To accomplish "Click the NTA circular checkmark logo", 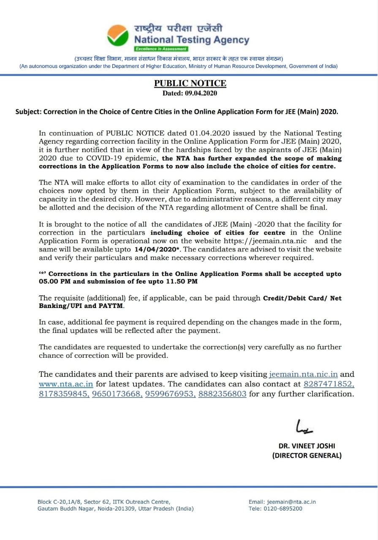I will pos(117,35).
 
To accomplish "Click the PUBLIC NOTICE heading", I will pos(190,83).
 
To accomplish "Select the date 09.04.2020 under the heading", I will pos(201,93).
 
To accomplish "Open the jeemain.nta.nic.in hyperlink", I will pos(303,374).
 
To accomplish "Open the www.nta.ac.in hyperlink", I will pos(66,384).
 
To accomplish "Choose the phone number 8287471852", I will pos(329,384).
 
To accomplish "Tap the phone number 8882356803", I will pos(222,394).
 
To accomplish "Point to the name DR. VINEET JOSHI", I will pos(307,445).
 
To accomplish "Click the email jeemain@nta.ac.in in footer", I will pos(291,502).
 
